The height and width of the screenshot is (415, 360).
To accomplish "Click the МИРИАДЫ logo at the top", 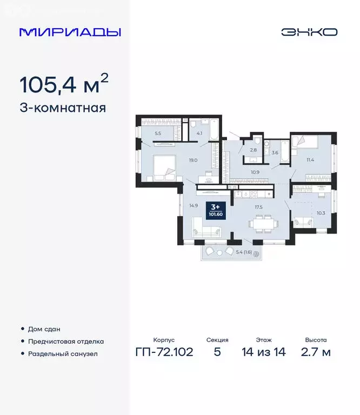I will [x=70, y=32].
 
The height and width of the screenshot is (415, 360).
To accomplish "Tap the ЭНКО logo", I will [x=309, y=32].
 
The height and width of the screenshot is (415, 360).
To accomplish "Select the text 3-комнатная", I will [x=63, y=108].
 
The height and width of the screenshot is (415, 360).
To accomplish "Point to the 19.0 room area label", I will [x=192, y=160].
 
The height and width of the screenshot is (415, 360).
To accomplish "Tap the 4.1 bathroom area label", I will [x=199, y=133].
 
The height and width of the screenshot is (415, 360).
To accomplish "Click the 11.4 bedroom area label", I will [x=310, y=160].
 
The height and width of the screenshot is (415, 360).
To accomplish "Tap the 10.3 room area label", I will [x=321, y=212].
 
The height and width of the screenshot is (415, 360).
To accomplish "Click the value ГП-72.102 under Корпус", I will [x=164, y=353].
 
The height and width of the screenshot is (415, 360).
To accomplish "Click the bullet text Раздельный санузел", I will [x=63, y=354].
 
